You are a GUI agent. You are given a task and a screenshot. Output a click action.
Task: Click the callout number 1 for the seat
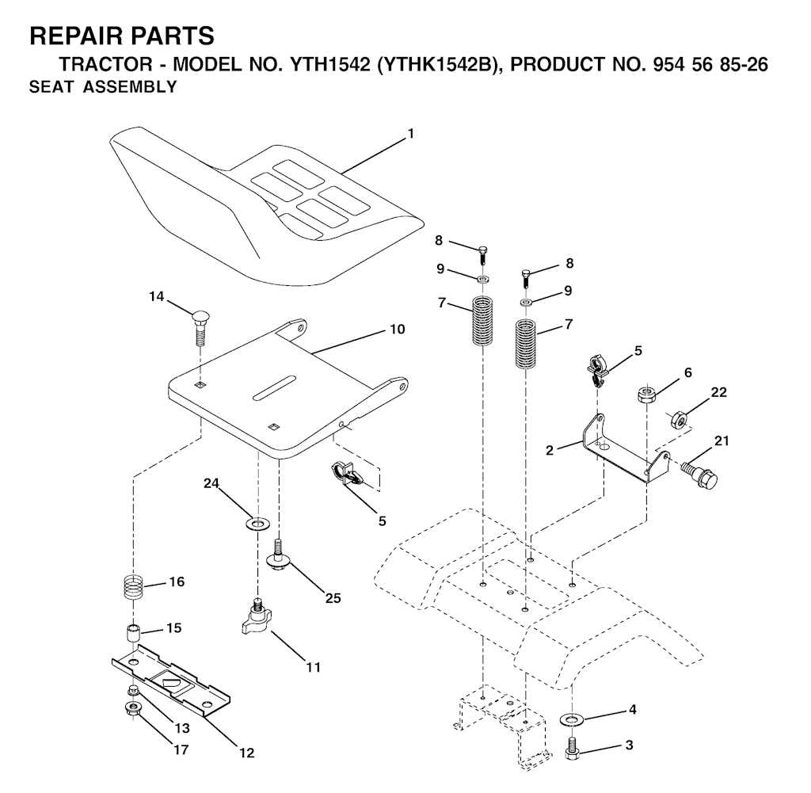(410, 135)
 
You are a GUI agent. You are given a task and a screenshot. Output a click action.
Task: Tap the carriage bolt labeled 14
(200, 322)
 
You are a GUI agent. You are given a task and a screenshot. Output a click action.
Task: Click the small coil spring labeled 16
(134, 589)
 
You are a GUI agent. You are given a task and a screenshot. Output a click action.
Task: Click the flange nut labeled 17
(132, 707)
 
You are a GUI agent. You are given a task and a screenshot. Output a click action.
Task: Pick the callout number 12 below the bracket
(247, 753)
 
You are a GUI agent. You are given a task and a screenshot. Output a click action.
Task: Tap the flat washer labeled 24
(257, 524)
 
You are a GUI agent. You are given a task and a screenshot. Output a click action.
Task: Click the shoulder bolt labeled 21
(700, 473)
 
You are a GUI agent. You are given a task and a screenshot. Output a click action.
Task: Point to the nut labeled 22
(678, 417)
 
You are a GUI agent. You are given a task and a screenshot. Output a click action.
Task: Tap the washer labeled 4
(569, 719)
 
